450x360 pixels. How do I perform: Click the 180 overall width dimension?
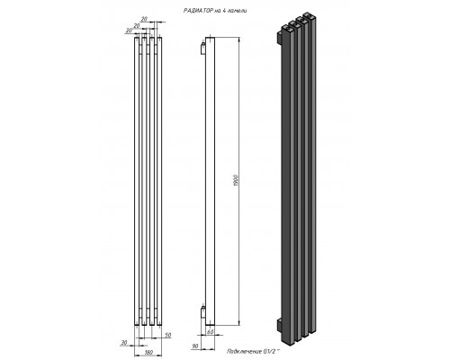click(147, 351)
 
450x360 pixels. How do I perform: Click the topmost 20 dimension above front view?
click(148, 15)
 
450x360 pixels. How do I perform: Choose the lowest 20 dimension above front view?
click(130, 30)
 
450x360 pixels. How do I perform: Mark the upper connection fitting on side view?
click(202, 42)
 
